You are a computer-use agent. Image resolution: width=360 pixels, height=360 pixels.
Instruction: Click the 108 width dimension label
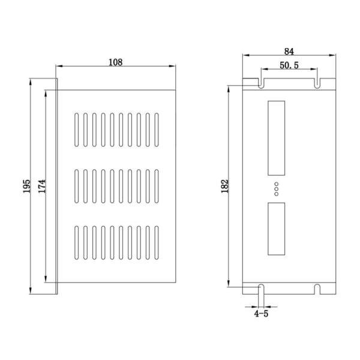point(116,61)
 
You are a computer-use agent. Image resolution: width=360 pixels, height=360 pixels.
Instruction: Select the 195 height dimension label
point(28,187)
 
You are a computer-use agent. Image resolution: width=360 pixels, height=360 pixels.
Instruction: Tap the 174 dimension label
point(40,187)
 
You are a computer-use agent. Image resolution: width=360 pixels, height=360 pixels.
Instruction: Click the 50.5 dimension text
point(289,65)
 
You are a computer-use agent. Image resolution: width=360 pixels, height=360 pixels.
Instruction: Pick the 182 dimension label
point(223,187)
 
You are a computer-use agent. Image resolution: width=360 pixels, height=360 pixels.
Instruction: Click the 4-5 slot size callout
point(260,313)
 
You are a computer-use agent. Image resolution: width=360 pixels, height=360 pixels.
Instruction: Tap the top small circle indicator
point(277,184)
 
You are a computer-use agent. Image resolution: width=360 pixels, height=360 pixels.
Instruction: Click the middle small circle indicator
point(277,188)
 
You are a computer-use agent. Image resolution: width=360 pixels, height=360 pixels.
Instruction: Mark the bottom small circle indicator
point(277,193)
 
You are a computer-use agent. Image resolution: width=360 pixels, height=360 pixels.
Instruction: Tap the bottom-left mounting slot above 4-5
point(261,289)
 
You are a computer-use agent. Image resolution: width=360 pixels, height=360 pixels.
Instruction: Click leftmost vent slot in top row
point(77,130)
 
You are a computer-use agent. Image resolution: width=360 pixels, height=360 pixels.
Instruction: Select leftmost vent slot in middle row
point(77,187)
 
